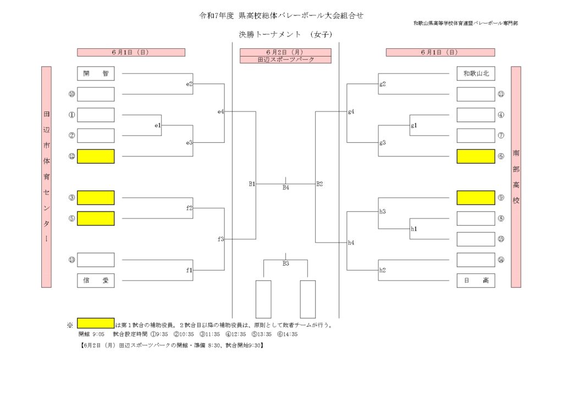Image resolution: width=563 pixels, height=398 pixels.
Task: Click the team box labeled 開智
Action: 96,74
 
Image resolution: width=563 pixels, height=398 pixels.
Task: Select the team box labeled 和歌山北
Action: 476,74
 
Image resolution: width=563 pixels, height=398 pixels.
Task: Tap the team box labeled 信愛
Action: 96,281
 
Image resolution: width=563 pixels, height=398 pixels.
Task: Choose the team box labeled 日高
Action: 476,281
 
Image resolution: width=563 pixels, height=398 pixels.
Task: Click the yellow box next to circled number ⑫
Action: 96,156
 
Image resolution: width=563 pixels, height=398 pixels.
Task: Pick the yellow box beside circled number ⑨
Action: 476,198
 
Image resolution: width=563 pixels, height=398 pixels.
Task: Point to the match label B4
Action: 286,188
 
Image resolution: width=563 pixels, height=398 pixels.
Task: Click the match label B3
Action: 286,264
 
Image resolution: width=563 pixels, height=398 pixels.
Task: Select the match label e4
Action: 221,111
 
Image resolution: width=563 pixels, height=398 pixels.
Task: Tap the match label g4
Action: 351,111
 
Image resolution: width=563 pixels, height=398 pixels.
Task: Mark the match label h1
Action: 414,229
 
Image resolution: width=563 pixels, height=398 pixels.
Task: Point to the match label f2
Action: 189,208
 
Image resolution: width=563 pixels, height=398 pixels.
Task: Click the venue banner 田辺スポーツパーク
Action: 286,59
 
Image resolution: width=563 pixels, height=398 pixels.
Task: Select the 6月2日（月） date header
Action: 286,52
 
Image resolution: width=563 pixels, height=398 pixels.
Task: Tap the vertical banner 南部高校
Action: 516,177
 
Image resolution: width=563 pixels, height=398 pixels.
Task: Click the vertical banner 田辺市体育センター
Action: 46,177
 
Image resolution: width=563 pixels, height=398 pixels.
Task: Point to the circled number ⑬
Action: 72,260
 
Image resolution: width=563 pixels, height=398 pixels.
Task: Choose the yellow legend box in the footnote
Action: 96,323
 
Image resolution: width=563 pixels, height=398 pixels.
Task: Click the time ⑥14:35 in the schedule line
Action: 288,334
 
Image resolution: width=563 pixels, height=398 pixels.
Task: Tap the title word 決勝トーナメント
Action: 270,35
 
